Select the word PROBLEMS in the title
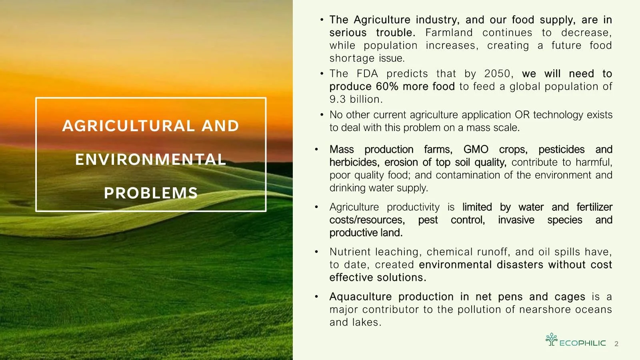click(x=151, y=193)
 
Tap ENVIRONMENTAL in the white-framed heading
click(x=151, y=160)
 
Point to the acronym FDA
click(x=367, y=74)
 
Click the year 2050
click(x=497, y=74)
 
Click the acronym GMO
click(x=476, y=150)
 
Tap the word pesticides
click(x=561, y=150)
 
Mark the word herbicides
click(x=354, y=162)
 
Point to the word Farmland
click(x=449, y=33)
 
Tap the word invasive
click(x=516, y=220)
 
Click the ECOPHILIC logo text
click(x=582, y=343)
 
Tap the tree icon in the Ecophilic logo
click(x=552, y=339)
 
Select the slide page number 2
click(x=616, y=344)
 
